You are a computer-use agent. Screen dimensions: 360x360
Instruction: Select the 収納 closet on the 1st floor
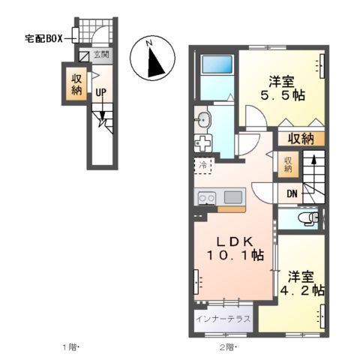point(77,83)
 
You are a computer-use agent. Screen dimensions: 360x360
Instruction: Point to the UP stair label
point(99,93)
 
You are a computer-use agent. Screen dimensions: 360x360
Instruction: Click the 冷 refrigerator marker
point(202,163)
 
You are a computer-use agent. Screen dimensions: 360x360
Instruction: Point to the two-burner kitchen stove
point(206,197)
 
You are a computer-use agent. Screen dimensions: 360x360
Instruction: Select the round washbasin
point(202,119)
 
